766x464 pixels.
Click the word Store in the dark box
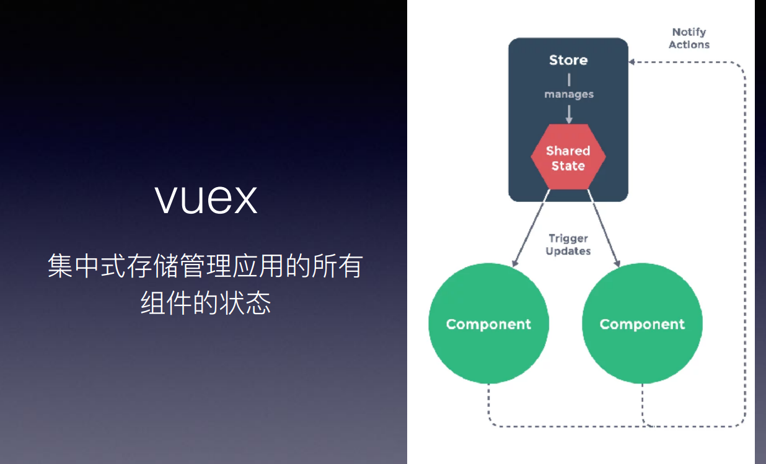568,60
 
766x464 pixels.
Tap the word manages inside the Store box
569,95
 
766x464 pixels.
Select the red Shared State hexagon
568,158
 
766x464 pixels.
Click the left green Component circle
488,324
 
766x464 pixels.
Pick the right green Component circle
642,324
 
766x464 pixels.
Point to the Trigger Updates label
568,245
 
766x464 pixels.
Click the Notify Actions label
689,38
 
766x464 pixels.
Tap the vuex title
206,198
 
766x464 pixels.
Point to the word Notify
689,32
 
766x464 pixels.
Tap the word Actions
689,45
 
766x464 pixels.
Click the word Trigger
568,239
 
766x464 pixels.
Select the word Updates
568,251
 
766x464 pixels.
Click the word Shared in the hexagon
568,151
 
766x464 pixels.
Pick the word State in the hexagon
568,165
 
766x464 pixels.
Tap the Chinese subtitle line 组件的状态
206,304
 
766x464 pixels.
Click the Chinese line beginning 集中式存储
205,266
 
